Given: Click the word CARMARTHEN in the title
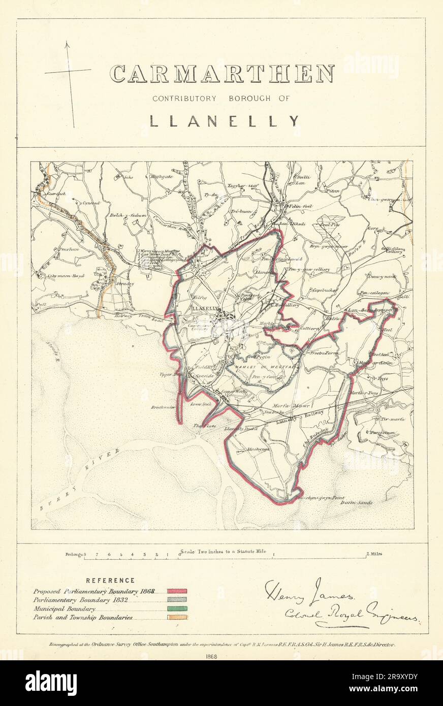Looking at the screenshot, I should point(222,74).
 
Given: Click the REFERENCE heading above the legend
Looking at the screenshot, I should point(110,580).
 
